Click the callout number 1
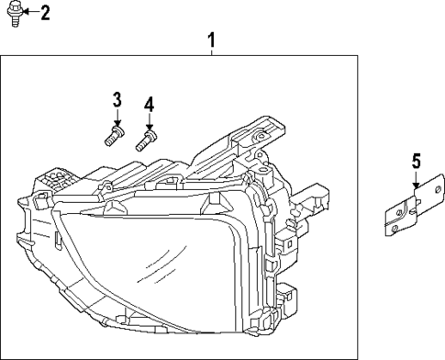point(212,39)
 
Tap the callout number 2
point(45,12)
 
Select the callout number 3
point(117,99)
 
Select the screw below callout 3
point(113,138)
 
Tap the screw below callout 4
point(143,141)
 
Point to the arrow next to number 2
point(29,12)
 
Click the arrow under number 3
point(117,118)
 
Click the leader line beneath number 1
point(212,53)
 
